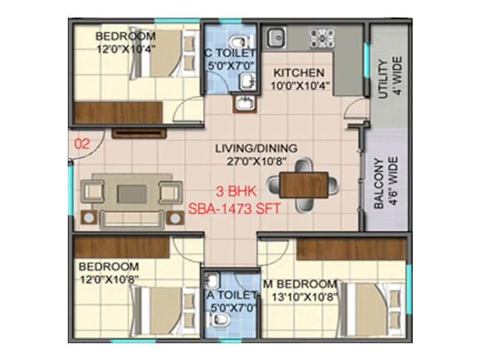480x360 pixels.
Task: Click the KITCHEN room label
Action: pos(299,73)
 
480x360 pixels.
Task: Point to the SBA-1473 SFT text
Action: pos(235,209)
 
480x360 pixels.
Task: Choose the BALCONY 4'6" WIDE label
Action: pos(386,183)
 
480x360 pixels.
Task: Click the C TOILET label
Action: pos(230,54)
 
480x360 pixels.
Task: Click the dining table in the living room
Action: pos(304,184)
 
